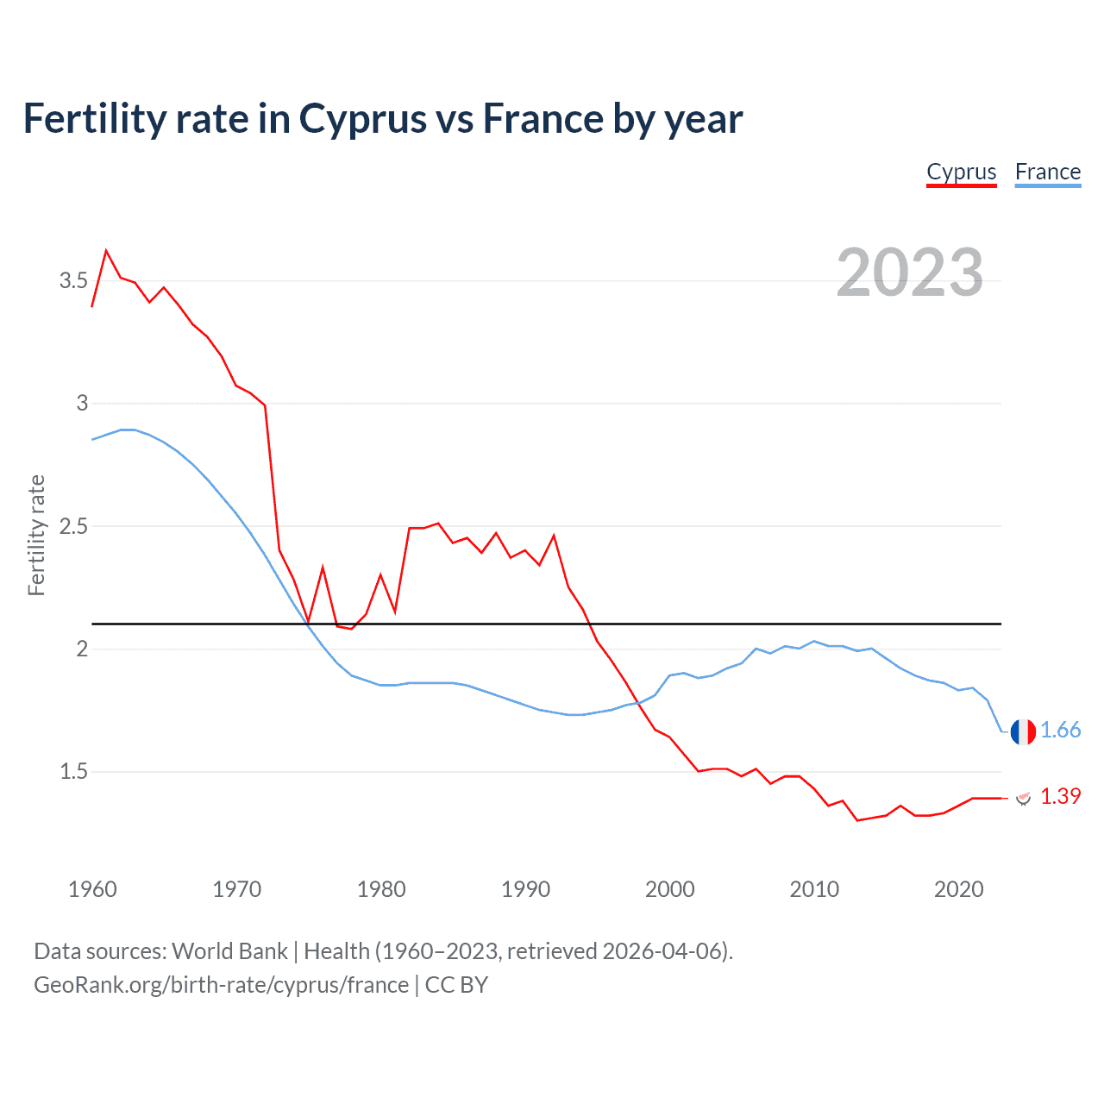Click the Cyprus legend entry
pos(961,172)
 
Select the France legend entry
pos(1047,172)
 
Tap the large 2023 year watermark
pos(909,273)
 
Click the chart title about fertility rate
pos(382,119)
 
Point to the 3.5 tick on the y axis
pos(73,280)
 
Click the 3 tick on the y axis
pos(82,403)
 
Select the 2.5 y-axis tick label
pos(73,526)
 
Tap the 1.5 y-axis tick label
pos(73,771)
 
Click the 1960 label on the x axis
pos(92,889)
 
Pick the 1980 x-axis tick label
pos(381,889)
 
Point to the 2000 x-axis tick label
pos(669,889)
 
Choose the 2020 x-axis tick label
pos(958,889)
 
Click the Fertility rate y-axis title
pos(36,535)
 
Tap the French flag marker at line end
pos(1023,731)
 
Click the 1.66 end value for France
pos(1060,731)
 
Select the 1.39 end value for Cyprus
pos(1060,796)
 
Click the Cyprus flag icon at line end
pos(1023,798)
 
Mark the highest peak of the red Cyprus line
pos(106,251)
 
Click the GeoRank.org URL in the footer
pos(221,985)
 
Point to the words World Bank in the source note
pos(229,951)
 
